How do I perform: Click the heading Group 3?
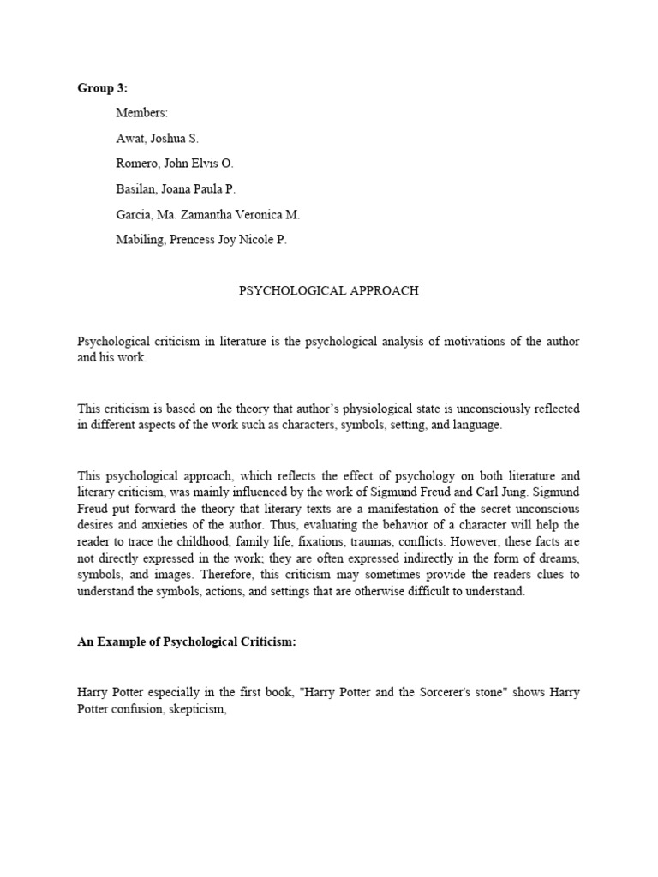coord(101,88)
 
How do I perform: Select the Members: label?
coord(142,113)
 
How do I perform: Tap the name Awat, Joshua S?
coord(157,139)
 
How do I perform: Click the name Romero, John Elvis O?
coord(174,164)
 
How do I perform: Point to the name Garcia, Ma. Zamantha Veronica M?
coord(207,215)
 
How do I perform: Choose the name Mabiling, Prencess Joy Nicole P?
coord(201,240)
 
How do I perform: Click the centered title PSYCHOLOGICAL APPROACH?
coord(328,291)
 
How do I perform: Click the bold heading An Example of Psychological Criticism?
coord(186,642)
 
